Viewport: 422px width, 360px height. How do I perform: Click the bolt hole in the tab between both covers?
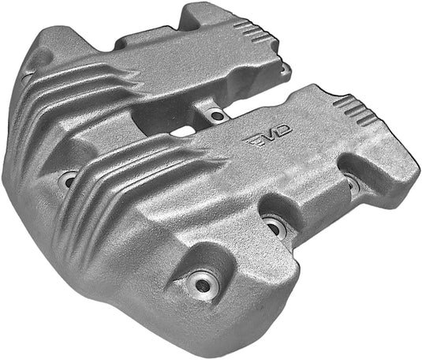(216, 116)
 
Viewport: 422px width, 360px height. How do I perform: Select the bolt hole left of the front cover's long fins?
(69, 180)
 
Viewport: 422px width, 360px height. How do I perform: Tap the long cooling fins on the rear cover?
(87, 87)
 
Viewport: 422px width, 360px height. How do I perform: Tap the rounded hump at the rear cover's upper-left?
(51, 43)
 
